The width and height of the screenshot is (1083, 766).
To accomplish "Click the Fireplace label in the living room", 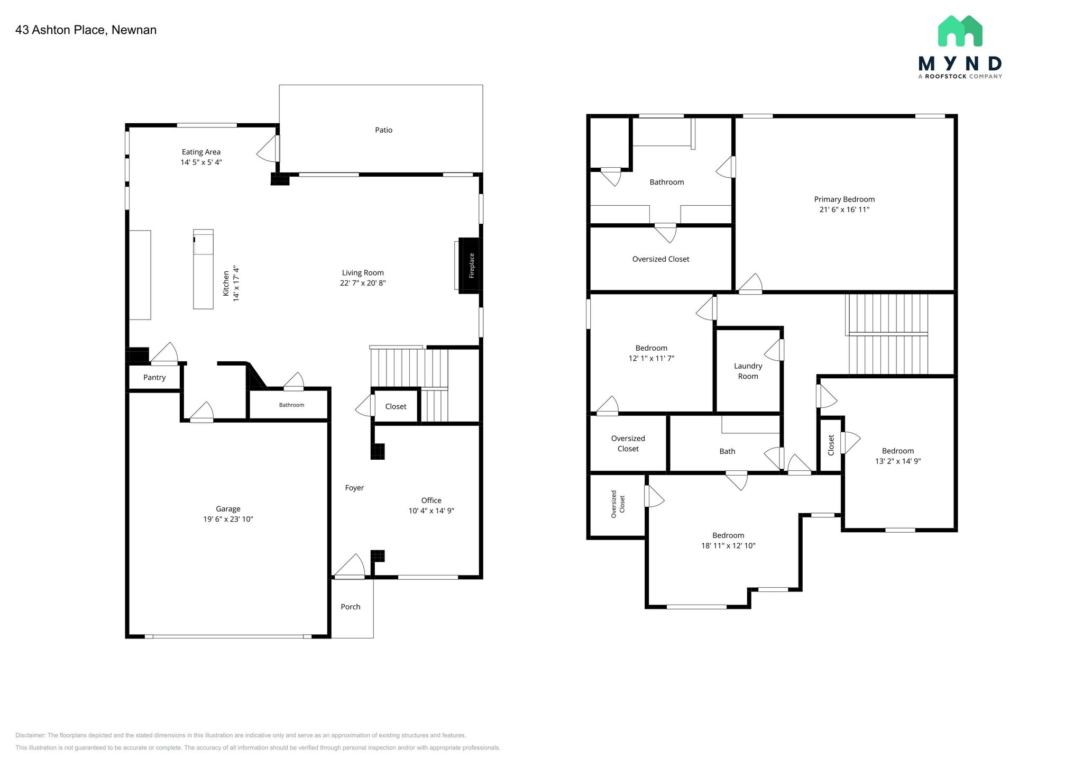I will pos(472,266).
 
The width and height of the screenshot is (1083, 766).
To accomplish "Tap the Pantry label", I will pos(154,378).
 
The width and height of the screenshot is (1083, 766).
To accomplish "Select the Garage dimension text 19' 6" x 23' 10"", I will pos(228,519).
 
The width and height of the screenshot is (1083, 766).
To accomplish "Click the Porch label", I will pos(351,607).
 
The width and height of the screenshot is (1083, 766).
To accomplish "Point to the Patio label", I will pos(383,130).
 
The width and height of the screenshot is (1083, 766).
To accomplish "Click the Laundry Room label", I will pos(748,371).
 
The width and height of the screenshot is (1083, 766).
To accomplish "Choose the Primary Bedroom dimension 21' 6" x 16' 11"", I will pos(844,209).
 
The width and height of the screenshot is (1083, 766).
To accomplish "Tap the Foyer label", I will pos(354,488).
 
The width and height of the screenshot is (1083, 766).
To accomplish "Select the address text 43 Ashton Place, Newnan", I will pos(86,30).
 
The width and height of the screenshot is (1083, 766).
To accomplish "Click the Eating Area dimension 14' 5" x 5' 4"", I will pos(201,162).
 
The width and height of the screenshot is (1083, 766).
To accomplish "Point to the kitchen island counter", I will pos(203,270).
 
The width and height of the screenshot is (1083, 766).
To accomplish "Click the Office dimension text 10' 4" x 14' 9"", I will pos(431,511).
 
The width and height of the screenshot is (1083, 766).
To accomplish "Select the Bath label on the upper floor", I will pos(727,451).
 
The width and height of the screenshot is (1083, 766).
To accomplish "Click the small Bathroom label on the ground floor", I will pos(291,405).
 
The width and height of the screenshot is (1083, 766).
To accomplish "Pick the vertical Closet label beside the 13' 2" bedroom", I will pos(831,445).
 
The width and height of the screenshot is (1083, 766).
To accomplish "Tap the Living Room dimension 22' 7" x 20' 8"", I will pos(363,283).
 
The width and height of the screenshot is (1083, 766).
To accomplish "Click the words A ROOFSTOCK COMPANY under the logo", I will pos(960,77).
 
